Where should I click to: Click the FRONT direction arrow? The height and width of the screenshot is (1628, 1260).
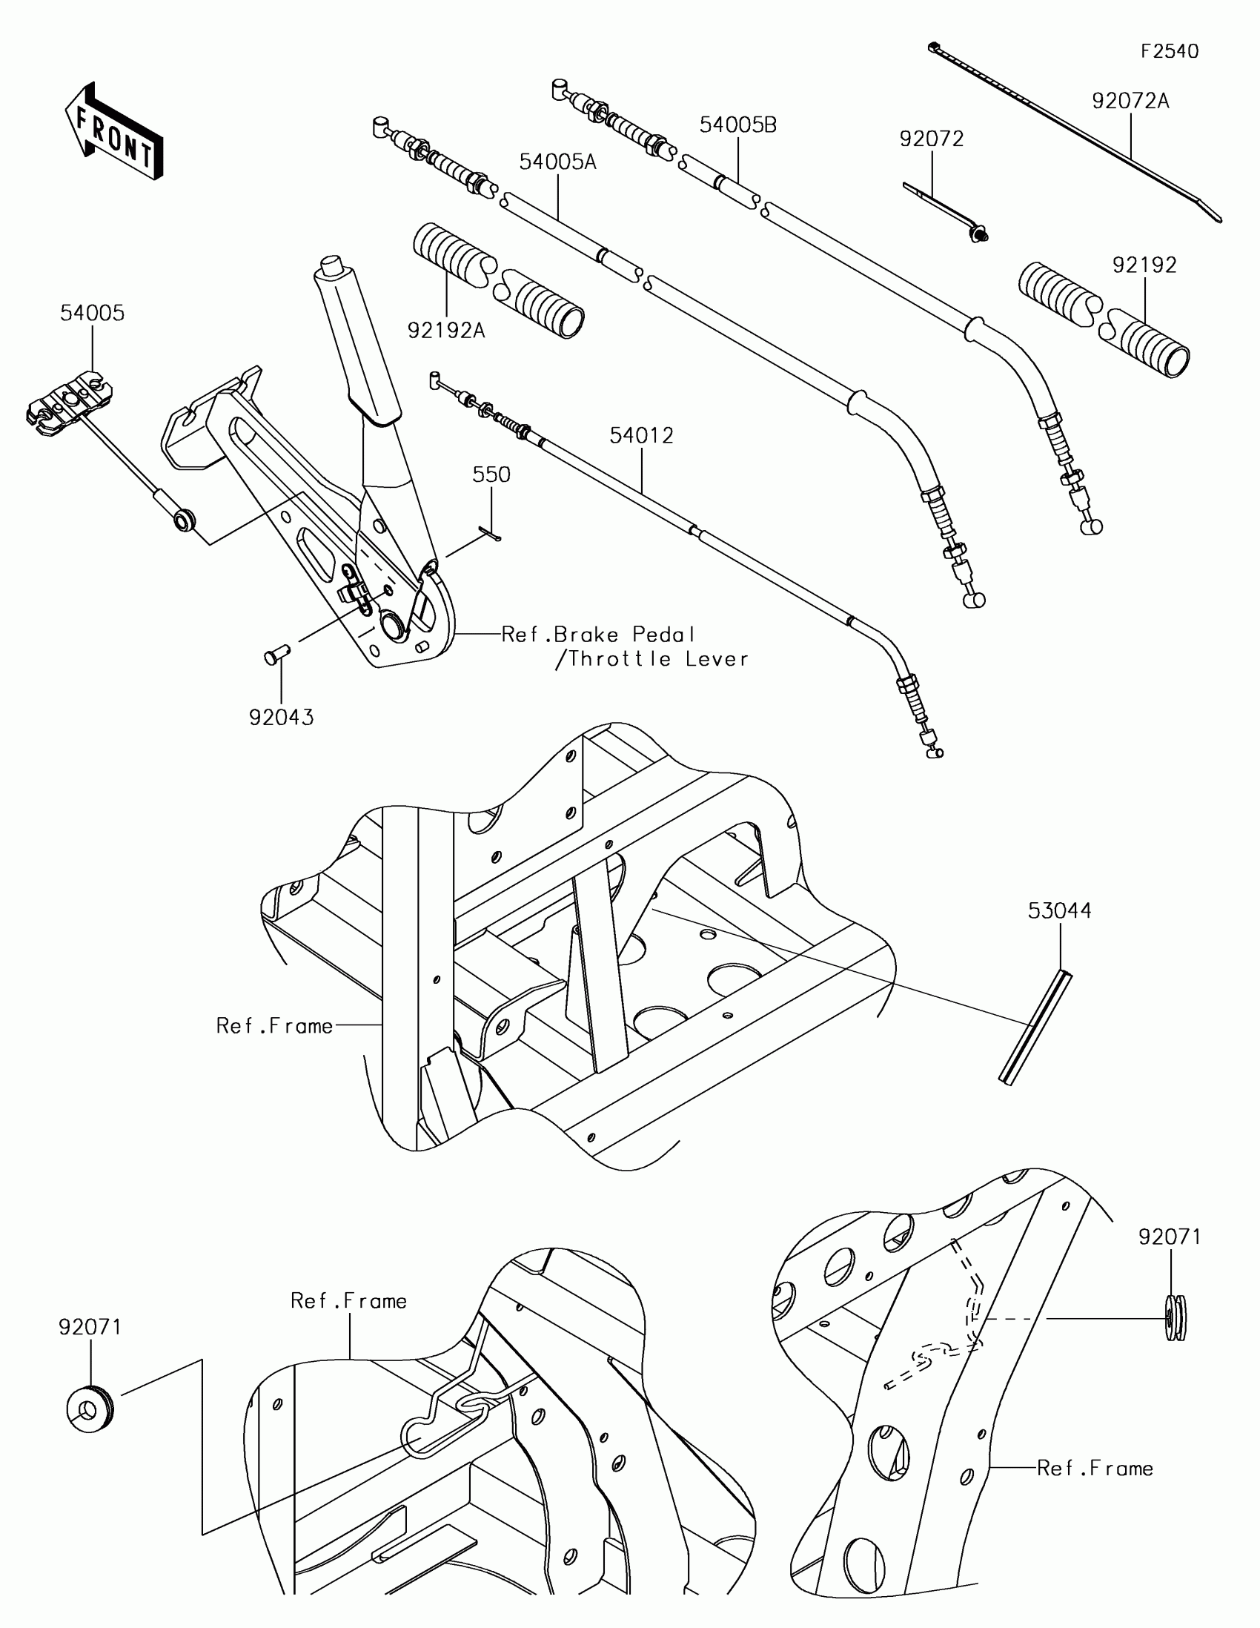pyautogui.click(x=114, y=131)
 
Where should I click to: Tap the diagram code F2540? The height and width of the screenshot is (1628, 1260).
pyautogui.click(x=1169, y=51)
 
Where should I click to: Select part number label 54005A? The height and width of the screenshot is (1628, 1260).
pyautogui.click(x=557, y=162)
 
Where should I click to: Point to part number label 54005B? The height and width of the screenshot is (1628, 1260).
pyautogui.click(x=737, y=125)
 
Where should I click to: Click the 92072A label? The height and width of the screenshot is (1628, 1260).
pyautogui.click(x=1130, y=102)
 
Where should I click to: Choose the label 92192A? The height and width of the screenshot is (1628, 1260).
pyautogui.click(x=445, y=330)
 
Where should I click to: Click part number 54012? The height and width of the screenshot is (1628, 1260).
pyautogui.click(x=641, y=435)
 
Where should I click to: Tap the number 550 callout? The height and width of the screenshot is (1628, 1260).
pyautogui.click(x=491, y=474)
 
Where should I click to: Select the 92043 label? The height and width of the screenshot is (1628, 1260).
pyautogui.click(x=281, y=718)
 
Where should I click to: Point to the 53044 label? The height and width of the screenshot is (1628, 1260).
pyautogui.click(x=1059, y=911)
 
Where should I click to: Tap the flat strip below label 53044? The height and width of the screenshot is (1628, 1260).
pyautogui.click(x=1035, y=1029)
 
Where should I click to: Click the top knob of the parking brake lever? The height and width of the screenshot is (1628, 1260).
pyautogui.click(x=329, y=265)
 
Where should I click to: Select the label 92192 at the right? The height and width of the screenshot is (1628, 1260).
pyautogui.click(x=1144, y=265)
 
